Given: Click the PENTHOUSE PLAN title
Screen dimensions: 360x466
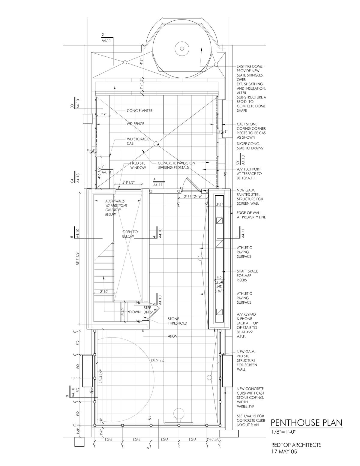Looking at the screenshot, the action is [x=306, y=422].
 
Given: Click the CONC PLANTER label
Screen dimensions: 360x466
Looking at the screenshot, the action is [x=139, y=111].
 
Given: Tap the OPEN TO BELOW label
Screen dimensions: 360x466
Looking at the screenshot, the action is [x=130, y=234].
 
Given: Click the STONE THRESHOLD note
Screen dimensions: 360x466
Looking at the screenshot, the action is [x=177, y=321].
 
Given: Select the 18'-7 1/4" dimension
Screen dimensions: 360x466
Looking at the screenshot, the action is [x=78, y=259].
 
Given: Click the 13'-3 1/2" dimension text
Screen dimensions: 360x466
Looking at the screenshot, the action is [x=101, y=377].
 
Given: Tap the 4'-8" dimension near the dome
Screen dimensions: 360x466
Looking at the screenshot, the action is [x=142, y=62].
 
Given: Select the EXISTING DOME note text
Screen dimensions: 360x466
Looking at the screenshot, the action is [x=251, y=89].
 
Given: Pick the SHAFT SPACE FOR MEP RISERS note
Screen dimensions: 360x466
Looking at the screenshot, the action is [x=247, y=275].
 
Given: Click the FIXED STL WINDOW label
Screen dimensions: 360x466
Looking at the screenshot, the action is [x=138, y=165].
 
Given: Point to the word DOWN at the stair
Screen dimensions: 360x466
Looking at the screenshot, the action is [x=135, y=312].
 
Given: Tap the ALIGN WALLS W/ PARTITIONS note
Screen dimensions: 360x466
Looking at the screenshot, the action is [x=116, y=208].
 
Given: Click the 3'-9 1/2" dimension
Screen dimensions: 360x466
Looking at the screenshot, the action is [x=128, y=182].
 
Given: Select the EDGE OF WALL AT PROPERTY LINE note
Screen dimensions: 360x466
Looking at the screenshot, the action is [x=251, y=215].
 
